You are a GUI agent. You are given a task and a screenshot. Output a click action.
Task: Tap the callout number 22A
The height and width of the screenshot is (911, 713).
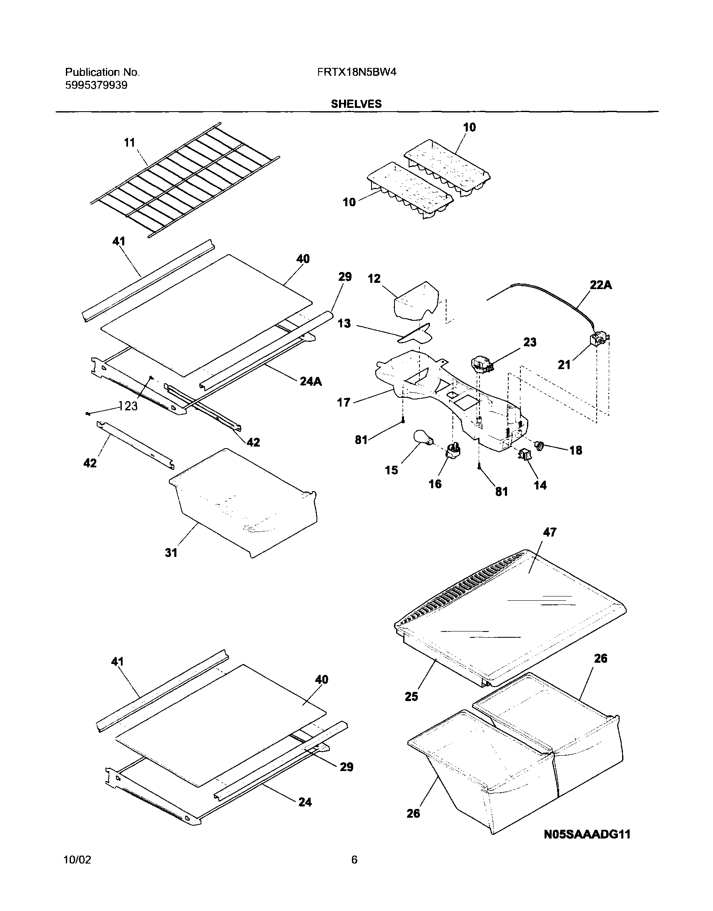pyautogui.click(x=601, y=285)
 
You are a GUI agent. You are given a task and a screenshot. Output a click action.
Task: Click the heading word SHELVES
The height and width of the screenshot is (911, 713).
pyautogui.click(x=356, y=104)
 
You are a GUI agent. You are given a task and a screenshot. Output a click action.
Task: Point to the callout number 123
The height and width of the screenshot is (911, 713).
pyautogui.click(x=128, y=406)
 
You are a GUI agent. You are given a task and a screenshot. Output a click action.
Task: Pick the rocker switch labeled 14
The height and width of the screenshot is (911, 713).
pyautogui.click(x=525, y=454)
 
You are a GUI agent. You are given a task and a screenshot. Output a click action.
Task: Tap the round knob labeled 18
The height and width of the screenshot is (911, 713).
pyautogui.click(x=541, y=446)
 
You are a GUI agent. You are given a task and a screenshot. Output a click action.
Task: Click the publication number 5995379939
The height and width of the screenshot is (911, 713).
pyautogui.click(x=96, y=85)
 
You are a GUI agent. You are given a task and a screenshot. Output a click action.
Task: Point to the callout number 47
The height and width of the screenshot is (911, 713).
pyautogui.click(x=550, y=532)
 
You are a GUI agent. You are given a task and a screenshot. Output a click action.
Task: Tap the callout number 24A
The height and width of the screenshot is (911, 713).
pyautogui.click(x=311, y=381)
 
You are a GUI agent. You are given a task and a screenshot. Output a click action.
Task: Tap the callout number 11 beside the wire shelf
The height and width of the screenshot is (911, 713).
pyautogui.click(x=129, y=142)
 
